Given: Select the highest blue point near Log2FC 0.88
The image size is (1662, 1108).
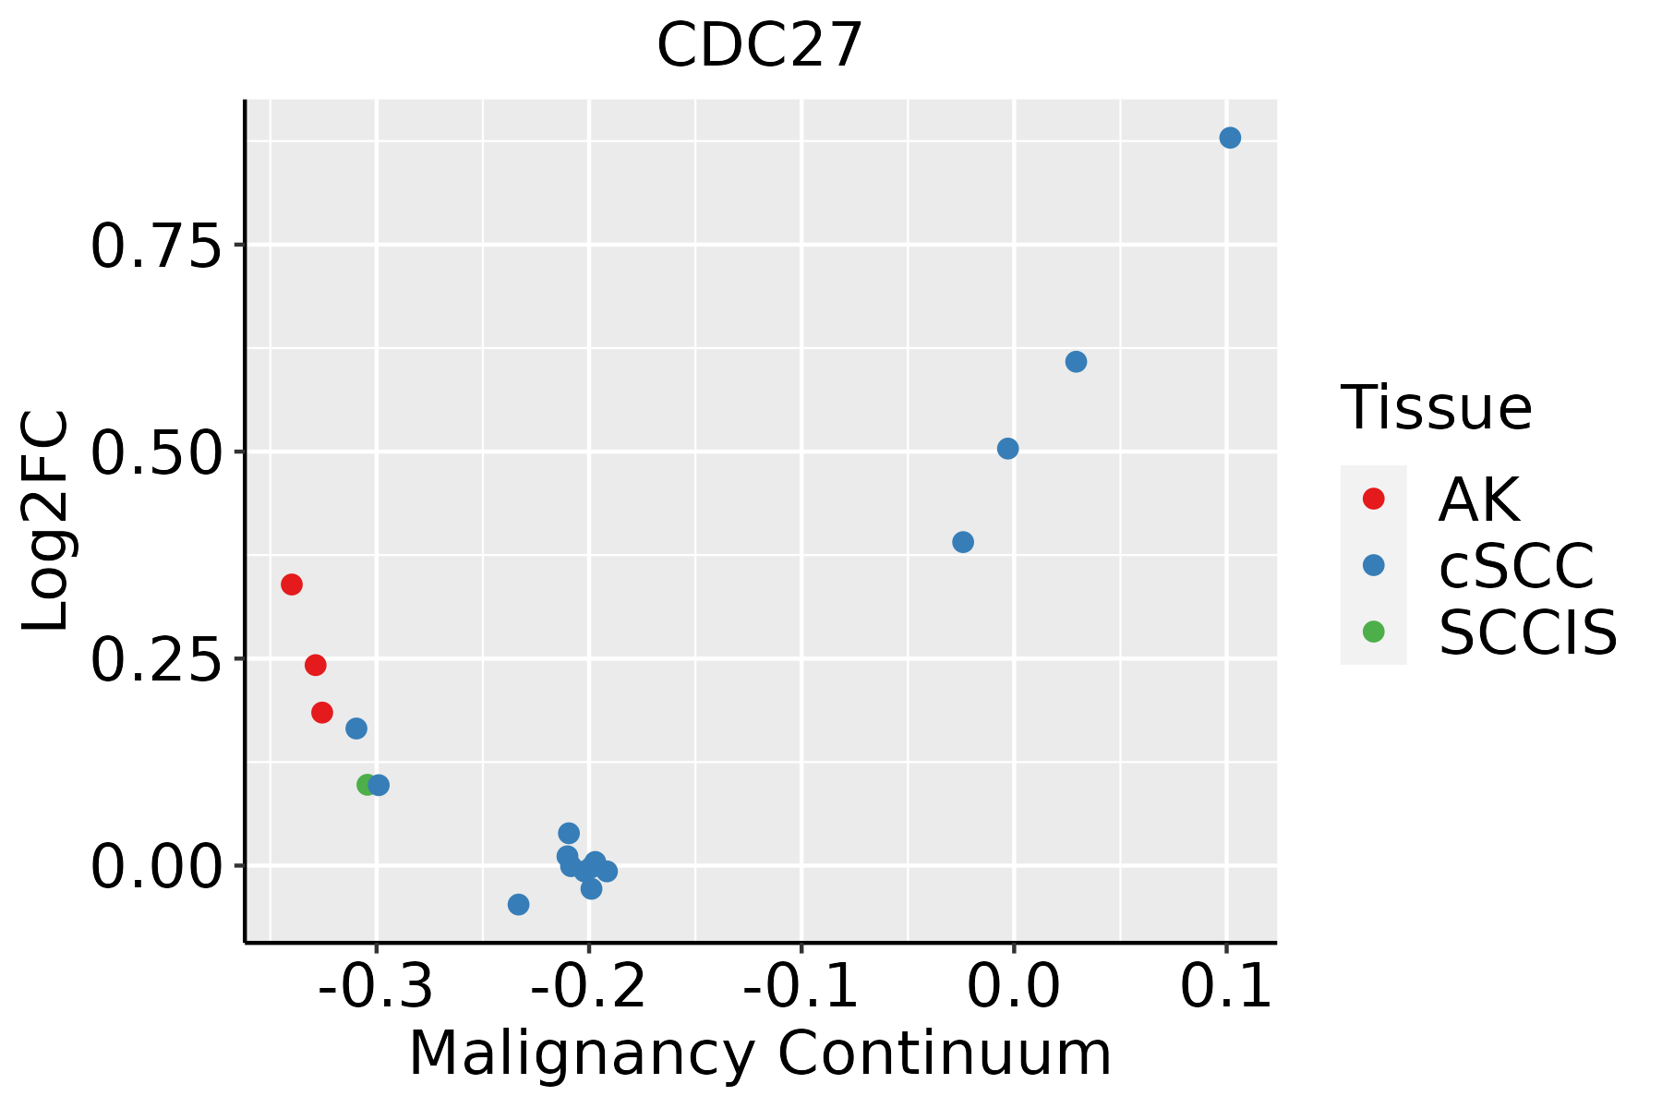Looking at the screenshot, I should tap(1230, 138).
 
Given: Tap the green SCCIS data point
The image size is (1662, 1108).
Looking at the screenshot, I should tap(367, 785).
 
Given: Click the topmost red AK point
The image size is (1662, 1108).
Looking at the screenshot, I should tap(292, 584).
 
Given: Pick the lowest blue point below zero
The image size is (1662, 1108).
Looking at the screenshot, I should tap(519, 904).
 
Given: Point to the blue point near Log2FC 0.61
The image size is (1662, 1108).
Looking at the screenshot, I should tap(1076, 362).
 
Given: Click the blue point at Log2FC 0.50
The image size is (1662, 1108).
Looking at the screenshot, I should tap(1008, 449).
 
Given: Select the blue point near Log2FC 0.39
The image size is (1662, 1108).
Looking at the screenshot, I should tap(963, 542).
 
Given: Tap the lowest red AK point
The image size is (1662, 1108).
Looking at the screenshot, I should tap(322, 713).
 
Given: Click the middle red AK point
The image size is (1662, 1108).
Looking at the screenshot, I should tap(316, 665).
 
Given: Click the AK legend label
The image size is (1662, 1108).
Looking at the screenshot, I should tap(1478, 500).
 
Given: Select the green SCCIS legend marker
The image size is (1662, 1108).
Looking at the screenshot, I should tap(1373, 632).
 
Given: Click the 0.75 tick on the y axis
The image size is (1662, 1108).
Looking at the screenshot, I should tap(157, 247).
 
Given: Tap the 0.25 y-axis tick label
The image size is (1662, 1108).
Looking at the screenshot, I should tap(157, 660).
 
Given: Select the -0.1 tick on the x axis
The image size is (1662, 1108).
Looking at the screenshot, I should tap(801, 987).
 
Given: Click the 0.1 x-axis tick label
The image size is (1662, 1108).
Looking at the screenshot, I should tap(1226, 987).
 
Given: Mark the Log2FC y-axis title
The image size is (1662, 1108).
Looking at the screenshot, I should tap(46, 522).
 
